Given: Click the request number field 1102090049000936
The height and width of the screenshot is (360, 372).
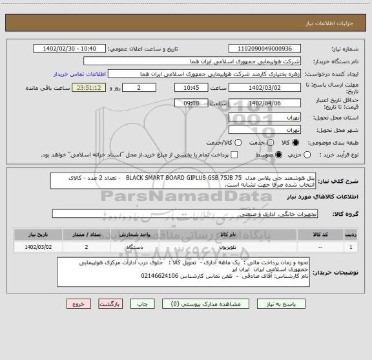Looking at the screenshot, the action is point(264,48).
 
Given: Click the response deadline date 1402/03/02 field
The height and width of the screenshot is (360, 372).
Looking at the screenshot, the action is point(264,88).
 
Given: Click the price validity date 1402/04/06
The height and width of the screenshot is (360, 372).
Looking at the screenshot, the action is point(264,103).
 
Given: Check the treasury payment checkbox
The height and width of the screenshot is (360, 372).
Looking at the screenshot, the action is point(234,154).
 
